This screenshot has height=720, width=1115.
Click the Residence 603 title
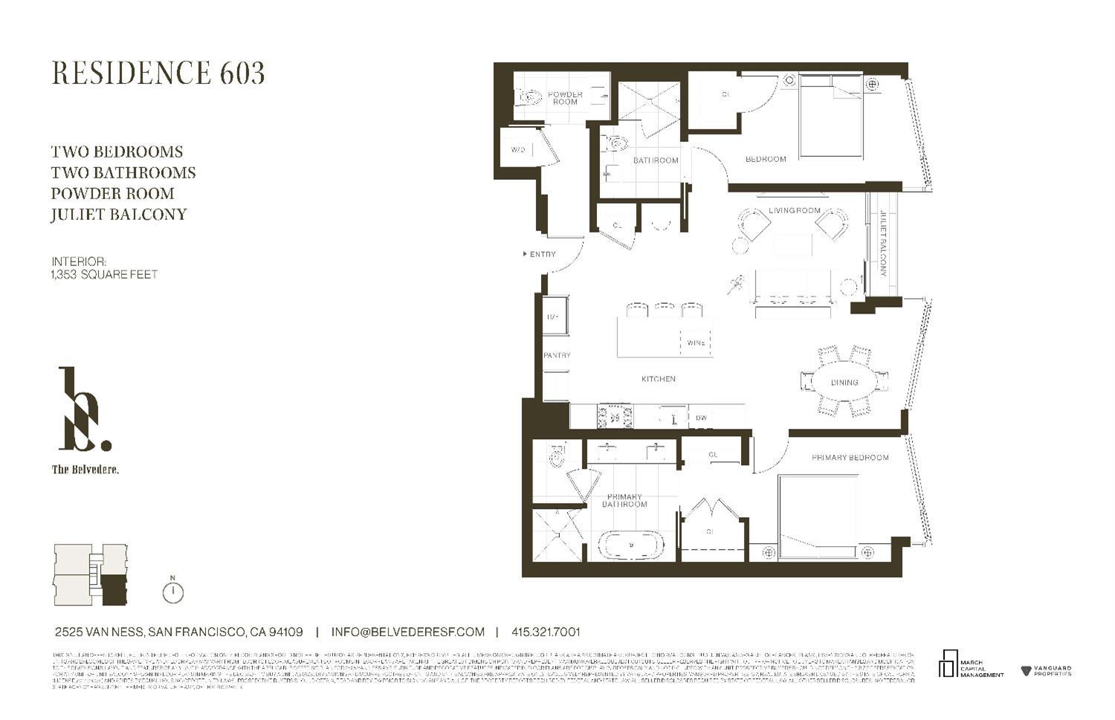pyautogui.click(x=158, y=73)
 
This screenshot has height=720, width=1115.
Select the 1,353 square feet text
pyautogui.click(x=104, y=274)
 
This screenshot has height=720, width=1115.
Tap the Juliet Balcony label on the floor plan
pyautogui.click(x=883, y=244)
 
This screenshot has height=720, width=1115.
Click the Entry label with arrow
pyautogui.click(x=540, y=254)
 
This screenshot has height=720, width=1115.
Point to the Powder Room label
pyautogui.click(x=565, y=98)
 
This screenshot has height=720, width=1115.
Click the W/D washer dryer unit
pyautogui.click(x=519, y=150)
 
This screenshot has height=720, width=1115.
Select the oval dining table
pyautogui.click(x=844, y=383)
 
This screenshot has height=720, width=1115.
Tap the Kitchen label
pyautogui.click(x=659, y=379)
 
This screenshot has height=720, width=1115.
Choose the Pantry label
pyautogui.click(x=557, y=355)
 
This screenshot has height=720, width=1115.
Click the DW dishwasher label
pyautogui.click(x=701, y=418)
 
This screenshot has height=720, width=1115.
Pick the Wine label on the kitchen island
pyautogui.click(x=696, y=343)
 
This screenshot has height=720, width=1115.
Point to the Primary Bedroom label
pyautogui.click(x=850, y=458)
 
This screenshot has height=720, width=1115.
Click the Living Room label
pyautogui.click(x=795, y=210)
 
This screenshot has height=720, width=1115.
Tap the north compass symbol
pyautogui.click(x=172, y=591)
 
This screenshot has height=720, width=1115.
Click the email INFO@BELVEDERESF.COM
pyautogui.click(x=407, y=632)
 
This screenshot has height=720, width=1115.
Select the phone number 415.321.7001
pyautogui.click(x=546, y=632)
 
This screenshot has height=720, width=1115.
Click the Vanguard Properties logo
pyautogui.click(x=1047, y=671)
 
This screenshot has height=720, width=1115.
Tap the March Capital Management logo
pyautogui.click(x=972, y=664)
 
